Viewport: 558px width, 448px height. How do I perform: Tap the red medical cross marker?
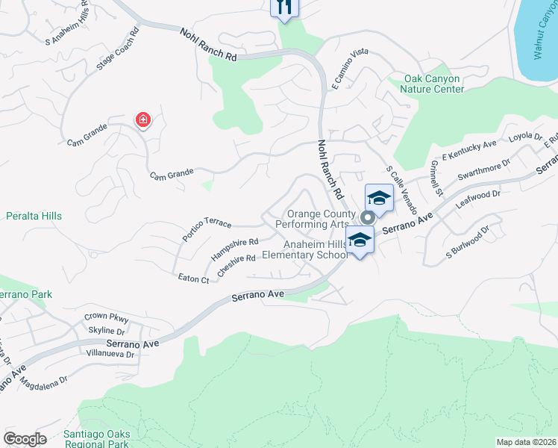(142, 119)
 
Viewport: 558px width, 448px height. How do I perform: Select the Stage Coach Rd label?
(118, 50)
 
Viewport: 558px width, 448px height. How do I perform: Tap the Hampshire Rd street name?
(233, 247)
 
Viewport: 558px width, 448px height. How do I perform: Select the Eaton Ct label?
(193, 279)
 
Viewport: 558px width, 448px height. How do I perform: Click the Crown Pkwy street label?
(101, 317)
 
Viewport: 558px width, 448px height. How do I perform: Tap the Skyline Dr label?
(106, 330)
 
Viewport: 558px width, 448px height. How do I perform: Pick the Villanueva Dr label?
(110, 353)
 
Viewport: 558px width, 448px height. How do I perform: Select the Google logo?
(25, 439)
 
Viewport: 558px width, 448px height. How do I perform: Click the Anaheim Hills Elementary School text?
(313, 249)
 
